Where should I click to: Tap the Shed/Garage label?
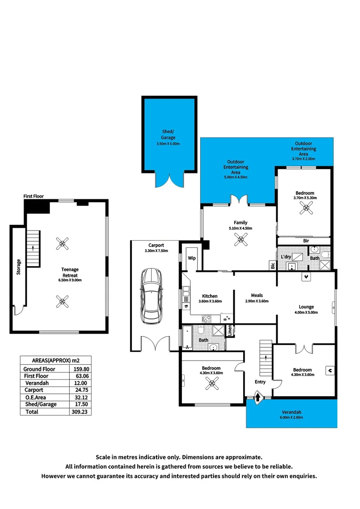click(x=168, y=135)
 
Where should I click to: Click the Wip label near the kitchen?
click(x=192, y=258)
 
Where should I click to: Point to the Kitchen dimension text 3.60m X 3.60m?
click(x=210, y=301)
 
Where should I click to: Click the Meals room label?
click(x=257, y=296)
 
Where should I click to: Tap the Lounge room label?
click(x=306, y=306)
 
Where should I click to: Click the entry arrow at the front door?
click(x=258, y=398)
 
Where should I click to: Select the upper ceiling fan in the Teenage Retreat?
click(x=62, y=244)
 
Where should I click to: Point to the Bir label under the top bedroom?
click(x=306, y=240)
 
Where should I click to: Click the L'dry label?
click(x=286, y=256)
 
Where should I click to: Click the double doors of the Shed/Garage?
click(x=168, y=180)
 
